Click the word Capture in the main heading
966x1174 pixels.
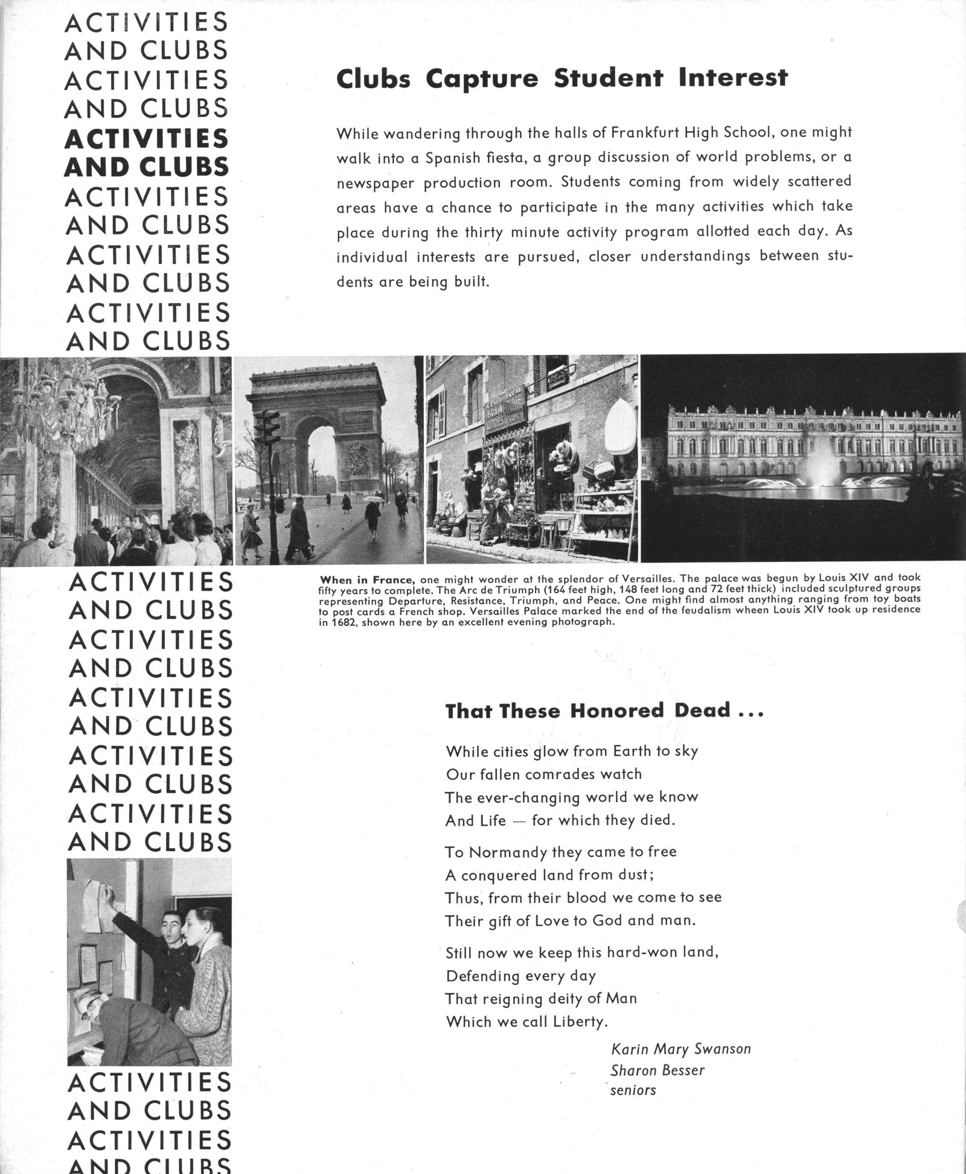(x=481, y=79)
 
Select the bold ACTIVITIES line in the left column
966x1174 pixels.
(x=147, y=139)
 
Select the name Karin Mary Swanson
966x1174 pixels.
(x=680, y=1048)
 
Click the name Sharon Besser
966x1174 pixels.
(x=657, y=1070)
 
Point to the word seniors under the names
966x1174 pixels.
(x=633, y=1090)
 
